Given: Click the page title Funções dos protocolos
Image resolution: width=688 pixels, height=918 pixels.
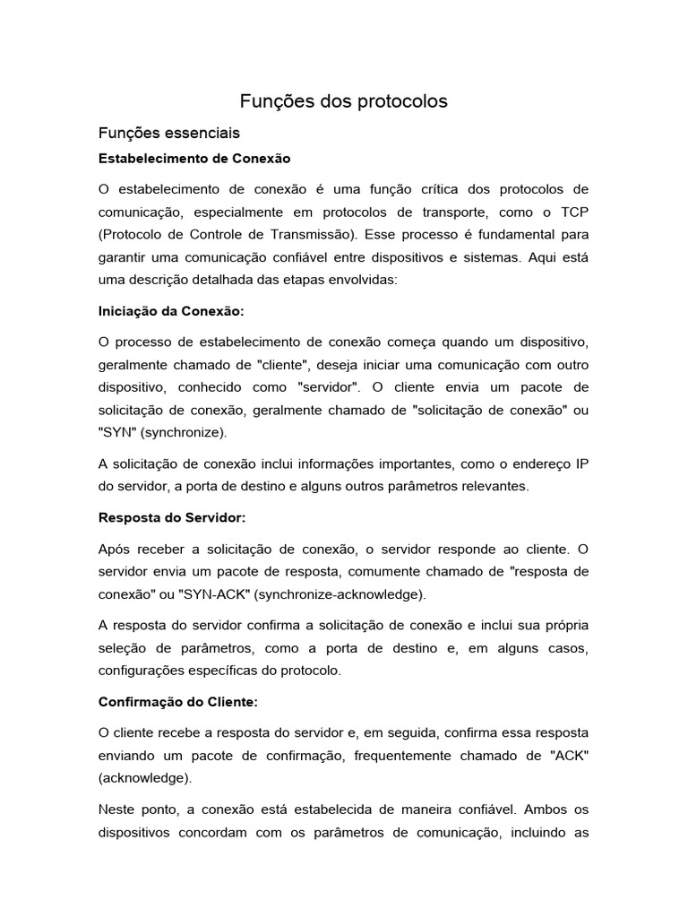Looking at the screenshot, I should (343, 101).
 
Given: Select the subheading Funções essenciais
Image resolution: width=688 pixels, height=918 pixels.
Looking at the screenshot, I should (169, 134).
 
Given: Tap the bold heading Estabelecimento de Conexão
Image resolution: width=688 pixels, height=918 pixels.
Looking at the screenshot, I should (194, 158).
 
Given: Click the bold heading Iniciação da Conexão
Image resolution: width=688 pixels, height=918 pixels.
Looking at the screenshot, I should (170, 312).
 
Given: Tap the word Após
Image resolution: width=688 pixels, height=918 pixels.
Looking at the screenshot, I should (114, 549).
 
